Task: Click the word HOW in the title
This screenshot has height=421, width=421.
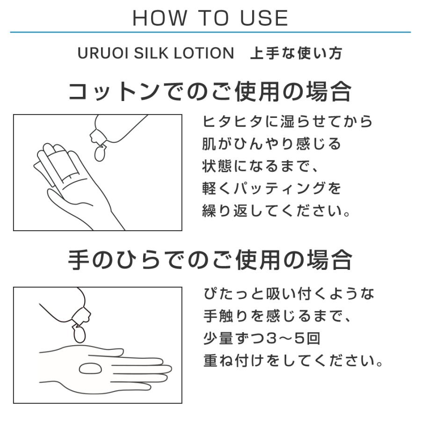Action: pyautogui.click(x=160, y=18)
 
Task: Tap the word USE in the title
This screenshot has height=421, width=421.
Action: pyautogui.click(x=264, y=18)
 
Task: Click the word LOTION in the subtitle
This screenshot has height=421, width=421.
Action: pyautogui.click(x=204, y=53)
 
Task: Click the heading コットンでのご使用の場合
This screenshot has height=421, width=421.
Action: pyautogui.click(x=210, y=92)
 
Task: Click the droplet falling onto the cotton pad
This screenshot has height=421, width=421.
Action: pyautogui.click(x=100, y=152)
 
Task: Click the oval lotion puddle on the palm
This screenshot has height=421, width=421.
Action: pyautogui.click(x=90, y=369)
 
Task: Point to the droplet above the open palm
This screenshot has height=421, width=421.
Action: pyautogui.click(x=79, y=334)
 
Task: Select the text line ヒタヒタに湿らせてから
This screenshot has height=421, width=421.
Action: pyautogui.click(x=288, y=121)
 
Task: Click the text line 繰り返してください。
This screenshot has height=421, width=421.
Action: pyautogui.click(x=276, y=210)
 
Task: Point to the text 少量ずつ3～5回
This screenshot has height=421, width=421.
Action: pyautogui.click(x=262, y=338)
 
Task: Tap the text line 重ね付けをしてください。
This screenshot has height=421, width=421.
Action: pyautogui.click(x=293, y=360)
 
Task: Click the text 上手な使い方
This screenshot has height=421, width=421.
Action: pyautogui.click(x=296, y=53)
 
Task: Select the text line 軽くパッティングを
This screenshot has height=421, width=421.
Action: pyautogui.click(x=271, y=188)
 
